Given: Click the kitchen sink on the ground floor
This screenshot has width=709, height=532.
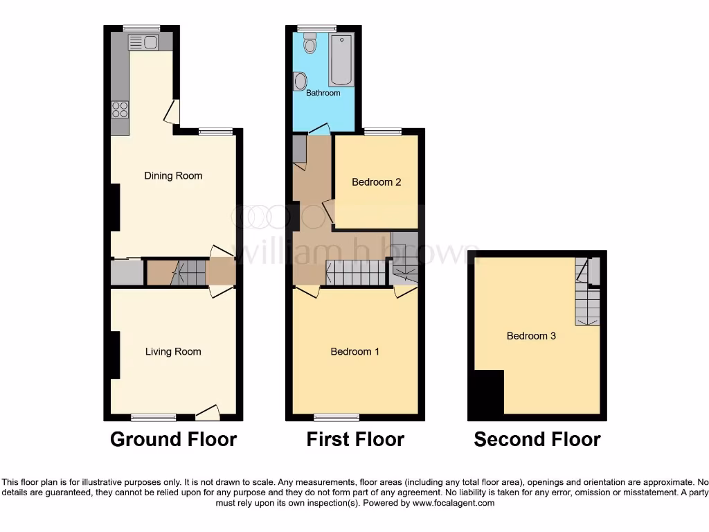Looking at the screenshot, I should pos(143,42).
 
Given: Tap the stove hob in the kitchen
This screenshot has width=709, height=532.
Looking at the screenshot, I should pos(119,109).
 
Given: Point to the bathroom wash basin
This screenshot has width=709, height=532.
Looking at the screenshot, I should pos(300,82).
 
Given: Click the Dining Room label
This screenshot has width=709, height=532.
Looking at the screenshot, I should pos(173,176).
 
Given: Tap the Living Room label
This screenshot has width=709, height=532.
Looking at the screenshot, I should pos(173,352).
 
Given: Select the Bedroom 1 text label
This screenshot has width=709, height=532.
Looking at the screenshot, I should pos(354,352).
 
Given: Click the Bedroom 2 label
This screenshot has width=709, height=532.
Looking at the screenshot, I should pos(376,183).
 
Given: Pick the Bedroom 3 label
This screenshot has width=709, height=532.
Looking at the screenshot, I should pos(531,336).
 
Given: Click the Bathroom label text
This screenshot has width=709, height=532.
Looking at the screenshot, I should pos(323,93).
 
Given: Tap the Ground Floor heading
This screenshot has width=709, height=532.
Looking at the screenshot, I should pos(173,439).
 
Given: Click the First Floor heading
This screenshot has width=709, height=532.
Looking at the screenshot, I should pos(355,439).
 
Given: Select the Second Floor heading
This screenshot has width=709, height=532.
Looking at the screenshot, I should pos(537,439).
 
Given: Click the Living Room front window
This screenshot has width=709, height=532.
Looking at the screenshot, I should pos(153,417).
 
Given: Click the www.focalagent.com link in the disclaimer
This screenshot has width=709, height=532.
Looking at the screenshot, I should pos(454,503).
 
